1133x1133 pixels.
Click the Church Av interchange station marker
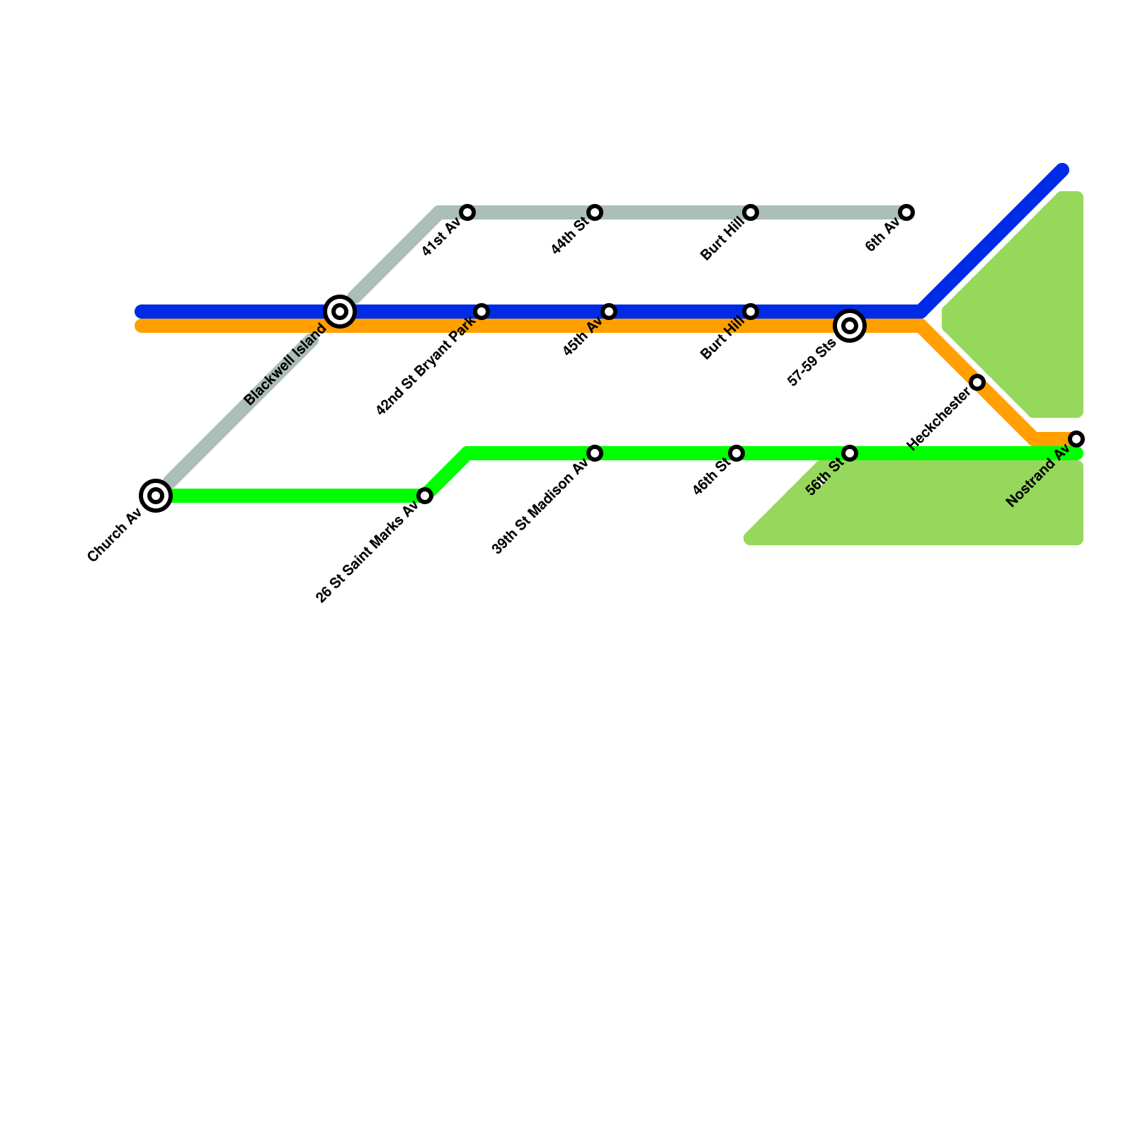(156, 495)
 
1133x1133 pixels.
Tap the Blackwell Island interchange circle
(340, 312)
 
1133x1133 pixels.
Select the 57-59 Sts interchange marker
(850, 326)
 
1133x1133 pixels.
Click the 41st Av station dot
(467, 212)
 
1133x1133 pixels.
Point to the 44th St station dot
(595, 212)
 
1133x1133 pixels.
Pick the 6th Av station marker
(906, 212)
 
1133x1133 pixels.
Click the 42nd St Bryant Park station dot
(482, 312)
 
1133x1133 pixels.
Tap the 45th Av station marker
(609, 312)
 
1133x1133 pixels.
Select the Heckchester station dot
(977, 382)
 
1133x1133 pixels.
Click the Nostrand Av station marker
(1076, 439)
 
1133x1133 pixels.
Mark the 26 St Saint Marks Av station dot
(425, 496)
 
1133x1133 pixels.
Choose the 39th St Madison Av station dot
(595, 453)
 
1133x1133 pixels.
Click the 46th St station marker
(736, 453)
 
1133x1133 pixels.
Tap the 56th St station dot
(850, 453)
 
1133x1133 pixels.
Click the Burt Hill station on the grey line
(751, 212)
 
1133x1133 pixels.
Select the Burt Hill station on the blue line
(751, 312)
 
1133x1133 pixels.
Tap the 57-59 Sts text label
(812, 364)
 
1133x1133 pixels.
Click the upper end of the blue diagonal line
(1062, 170)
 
